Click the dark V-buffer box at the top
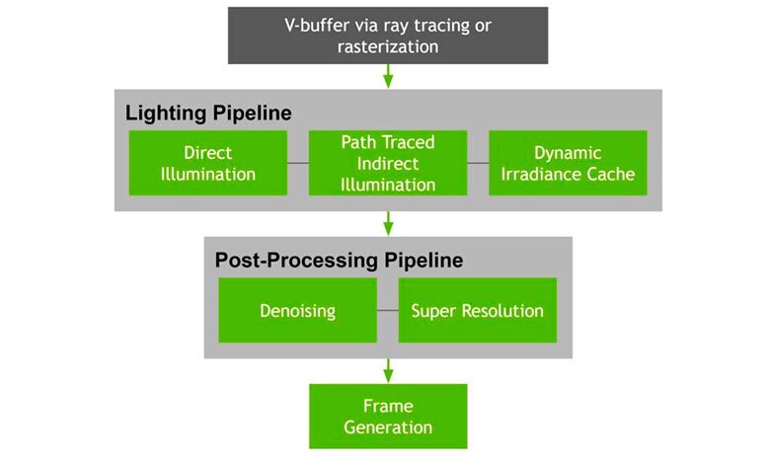click(x=388, y=36)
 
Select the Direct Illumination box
click(x=207, y=163)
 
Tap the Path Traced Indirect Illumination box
click(x=388, y=163)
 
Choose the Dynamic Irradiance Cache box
click(x=568, y=163)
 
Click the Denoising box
click(x=297, y=310)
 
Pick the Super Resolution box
click(x=478, y=310)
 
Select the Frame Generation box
click(x=388, y=417)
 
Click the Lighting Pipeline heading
click(x=208, y=114)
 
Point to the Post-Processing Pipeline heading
click(x=339, y=261)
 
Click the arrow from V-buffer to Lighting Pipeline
click(x=388, y=76)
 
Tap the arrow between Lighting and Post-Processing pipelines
click(x=388, y=224)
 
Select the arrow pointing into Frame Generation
click(x=388, y=371)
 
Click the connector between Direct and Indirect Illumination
click(x=298, y=163)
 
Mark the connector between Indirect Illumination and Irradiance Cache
click(x=478, y=163)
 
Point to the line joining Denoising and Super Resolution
click(x=387, y=310)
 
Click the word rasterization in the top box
click(x=388, y=47)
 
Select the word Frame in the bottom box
click(x=388, y=406)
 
